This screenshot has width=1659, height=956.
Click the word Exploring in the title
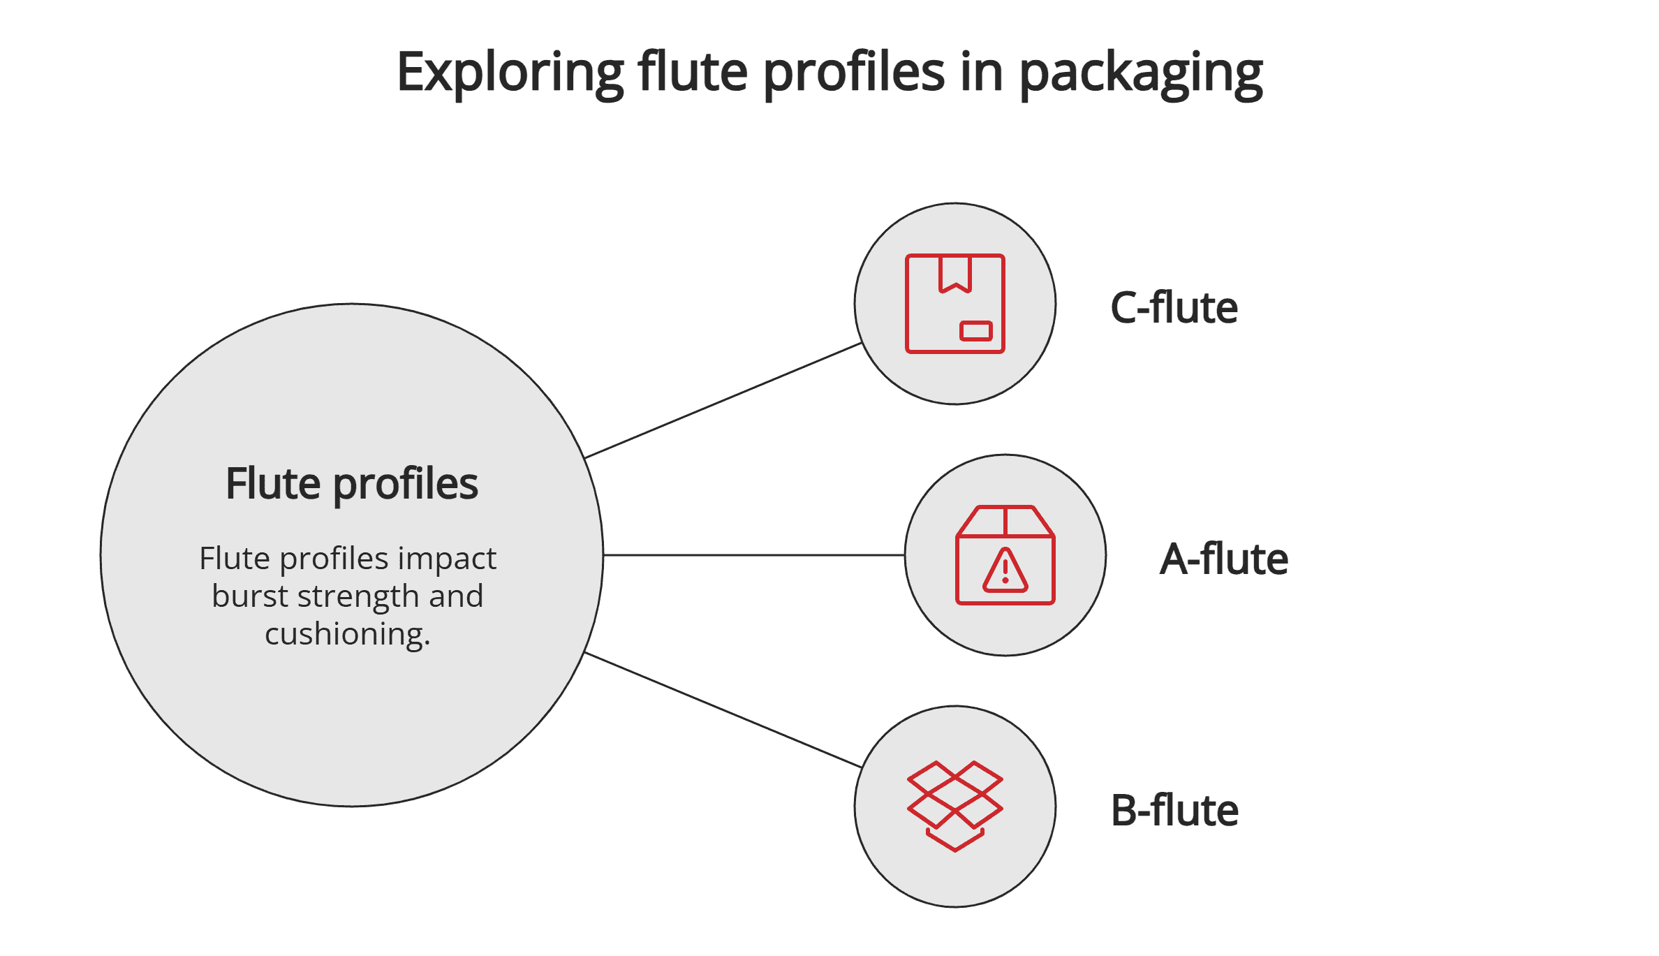click(x=510, y=73)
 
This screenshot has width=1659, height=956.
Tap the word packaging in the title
click(x=1140, y=74)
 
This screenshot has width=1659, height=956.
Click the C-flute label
click(x=1174, y=307)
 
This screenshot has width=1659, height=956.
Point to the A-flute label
click(x=1223, y=559)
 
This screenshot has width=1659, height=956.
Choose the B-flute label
click(x=1174, y=810)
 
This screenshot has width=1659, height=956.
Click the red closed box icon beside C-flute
click(x=954, y=304)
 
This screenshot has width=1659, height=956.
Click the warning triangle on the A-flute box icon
click(x=1005, y=571)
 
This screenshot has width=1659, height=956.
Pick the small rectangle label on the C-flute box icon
click(x=975, y=331)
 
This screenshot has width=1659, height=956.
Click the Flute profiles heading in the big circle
click(x=352, y=483)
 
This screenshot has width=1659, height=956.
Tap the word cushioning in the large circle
click(x=347, y=634)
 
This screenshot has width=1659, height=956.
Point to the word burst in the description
click(x=249, y=596)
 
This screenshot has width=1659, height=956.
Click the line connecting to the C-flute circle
click(x=723, y=401)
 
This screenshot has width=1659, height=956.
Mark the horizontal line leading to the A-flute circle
click(x=754, y=555)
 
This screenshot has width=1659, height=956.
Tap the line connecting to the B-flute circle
click(x=723, y=709)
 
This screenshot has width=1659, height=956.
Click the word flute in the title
click(x=693, y=73)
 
